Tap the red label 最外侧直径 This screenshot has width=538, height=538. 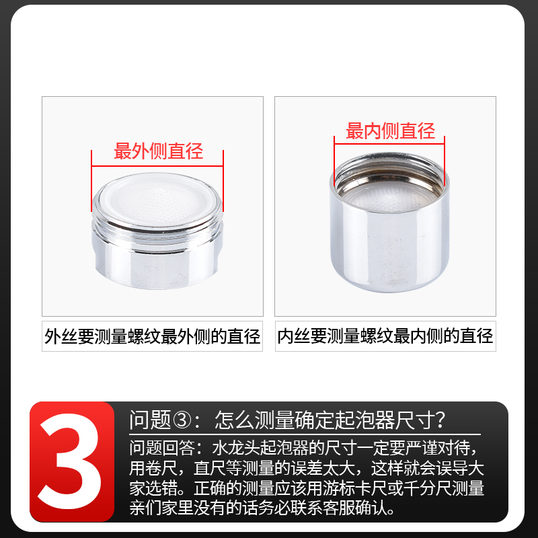pyautogui.click(x=158, y=151)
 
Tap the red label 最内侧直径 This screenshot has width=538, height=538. pyautogui.click(x=390, y=131)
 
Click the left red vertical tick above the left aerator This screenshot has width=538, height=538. pyautogui.click(x=92, y=178)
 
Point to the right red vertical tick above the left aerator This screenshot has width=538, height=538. pyautogui.click(x=223, y=178)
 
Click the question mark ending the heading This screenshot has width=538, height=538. pyautogui.click(x=440, y=421)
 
